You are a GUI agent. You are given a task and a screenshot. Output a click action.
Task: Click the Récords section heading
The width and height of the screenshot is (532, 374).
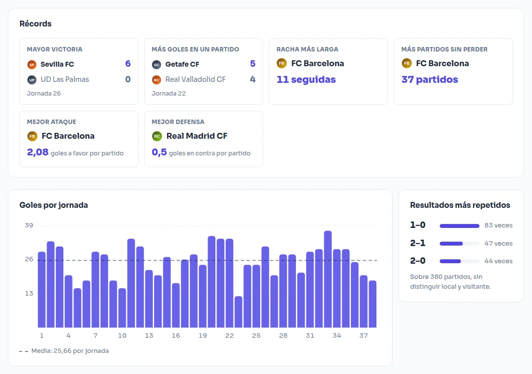coord(35,24)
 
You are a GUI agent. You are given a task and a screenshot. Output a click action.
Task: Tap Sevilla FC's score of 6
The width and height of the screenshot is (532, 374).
coord(128,64)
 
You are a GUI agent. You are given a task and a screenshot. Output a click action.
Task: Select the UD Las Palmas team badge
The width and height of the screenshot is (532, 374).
coord(32,80)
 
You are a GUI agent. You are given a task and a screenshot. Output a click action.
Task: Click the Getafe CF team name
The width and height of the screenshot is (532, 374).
coord(182,64)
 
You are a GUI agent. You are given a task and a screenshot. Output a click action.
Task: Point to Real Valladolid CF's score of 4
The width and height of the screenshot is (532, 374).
coord(253,79)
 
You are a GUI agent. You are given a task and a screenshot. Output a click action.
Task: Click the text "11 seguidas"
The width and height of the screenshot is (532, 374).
coord(306,79)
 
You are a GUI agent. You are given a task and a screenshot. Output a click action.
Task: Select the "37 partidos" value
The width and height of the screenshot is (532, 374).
coord(429,79)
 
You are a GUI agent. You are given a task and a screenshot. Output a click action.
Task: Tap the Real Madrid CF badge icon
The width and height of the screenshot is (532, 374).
coord(157,136)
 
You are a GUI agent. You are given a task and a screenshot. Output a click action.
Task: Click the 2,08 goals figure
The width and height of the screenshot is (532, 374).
coord(38,152)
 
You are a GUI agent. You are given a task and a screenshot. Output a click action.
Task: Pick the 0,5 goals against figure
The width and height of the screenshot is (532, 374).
coord(159,152)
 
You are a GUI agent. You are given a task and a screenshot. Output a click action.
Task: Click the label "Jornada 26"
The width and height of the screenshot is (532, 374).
coord(44,94)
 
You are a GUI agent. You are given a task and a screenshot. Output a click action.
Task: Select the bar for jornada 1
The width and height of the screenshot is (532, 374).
coord(42,290)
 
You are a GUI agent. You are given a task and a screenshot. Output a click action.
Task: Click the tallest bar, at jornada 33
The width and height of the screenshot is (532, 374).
coord(328,279)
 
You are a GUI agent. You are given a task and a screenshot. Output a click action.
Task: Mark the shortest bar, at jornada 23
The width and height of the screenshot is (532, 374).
coord(238,312)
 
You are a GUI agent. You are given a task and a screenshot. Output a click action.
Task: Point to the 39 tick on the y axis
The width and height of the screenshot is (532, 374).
coord(29,225)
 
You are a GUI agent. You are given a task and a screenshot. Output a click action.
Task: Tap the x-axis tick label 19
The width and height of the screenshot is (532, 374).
coord(203,336)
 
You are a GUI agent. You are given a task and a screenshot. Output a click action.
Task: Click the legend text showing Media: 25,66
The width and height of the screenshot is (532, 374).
coord(70,351)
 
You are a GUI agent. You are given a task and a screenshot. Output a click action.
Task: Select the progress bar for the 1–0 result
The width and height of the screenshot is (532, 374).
coord(459,226)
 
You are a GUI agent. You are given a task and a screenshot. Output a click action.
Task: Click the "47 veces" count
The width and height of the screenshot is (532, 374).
coord(499,244)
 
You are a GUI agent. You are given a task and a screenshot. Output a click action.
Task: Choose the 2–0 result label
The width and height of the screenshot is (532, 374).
coord(418,261)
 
